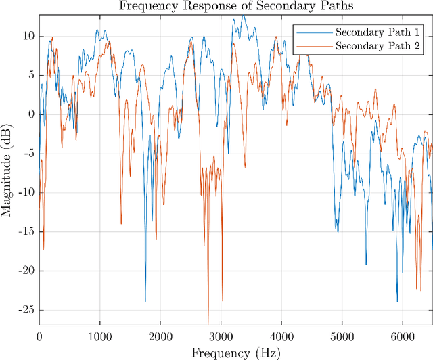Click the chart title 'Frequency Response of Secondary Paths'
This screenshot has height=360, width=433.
pos(235,6)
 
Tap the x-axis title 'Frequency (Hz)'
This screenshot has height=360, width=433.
pos(235,353)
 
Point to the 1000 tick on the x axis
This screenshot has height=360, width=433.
pos(99,336)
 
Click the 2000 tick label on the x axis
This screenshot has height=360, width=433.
pos(160,336)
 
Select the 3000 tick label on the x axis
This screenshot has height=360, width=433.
pos(221,336)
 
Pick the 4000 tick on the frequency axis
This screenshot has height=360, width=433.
pos(281,336)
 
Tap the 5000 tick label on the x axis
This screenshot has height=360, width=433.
pos(342,336)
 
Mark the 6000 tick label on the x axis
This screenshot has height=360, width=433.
pos(403,336)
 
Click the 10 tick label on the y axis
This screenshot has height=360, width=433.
pos(28,36)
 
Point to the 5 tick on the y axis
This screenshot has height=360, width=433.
pos(30,75)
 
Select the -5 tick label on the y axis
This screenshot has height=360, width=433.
pos(28,153)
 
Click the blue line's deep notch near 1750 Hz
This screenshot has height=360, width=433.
pos(145,300)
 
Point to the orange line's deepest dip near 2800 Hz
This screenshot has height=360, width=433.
pos(208,323)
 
